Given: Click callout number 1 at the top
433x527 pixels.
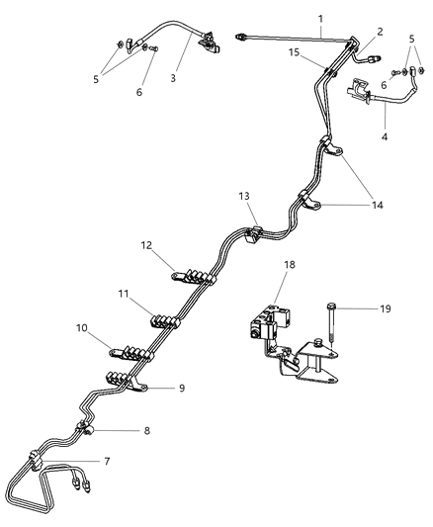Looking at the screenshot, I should click(319, 18).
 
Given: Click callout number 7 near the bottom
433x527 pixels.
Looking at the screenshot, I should click(108, 462).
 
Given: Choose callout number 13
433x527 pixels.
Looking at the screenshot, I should click(244, 198).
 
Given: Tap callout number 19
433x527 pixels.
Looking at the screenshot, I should click(358, 308).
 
